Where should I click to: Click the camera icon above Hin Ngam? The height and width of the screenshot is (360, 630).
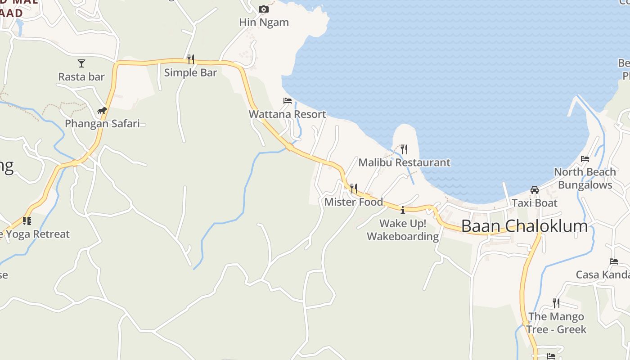(x=264, y=9)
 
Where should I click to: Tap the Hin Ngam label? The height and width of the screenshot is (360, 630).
(x=264, y=22)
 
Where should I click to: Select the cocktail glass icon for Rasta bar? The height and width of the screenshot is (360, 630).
(x=81, y=63)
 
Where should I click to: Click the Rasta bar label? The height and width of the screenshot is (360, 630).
(x=81, y=77)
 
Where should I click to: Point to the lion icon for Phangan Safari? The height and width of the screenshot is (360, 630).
(x=102, y=110)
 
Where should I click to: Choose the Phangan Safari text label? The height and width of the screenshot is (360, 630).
(x=102, y=123)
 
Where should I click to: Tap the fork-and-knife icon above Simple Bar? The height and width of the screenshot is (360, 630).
(x=191, y=59)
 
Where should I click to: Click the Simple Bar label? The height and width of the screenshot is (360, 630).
(x=190, y=72)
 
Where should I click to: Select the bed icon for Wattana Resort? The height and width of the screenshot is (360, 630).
(x=288, y=101)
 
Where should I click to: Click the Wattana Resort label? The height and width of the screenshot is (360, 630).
(x=287, y=114)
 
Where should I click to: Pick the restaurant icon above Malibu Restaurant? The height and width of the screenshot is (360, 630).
(x=404, y=149)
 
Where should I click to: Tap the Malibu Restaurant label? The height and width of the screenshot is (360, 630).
(x=404, y=162)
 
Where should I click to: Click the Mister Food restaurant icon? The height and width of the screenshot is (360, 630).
(x=354, y=188)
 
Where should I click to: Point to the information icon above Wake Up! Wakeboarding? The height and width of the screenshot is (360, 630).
(x=403, y=210)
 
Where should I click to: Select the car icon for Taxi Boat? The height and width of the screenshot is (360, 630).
(x=535, y=189)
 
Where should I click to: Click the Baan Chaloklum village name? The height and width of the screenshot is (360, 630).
(x=525, y=226)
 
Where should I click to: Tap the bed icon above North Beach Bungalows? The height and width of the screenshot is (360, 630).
(x=585, y=158)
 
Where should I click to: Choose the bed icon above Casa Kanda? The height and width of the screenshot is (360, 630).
(x=614, y=261)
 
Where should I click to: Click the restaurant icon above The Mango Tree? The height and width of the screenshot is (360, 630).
(x=556, y=303)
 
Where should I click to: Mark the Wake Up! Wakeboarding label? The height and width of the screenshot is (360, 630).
(x=403, y=230)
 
